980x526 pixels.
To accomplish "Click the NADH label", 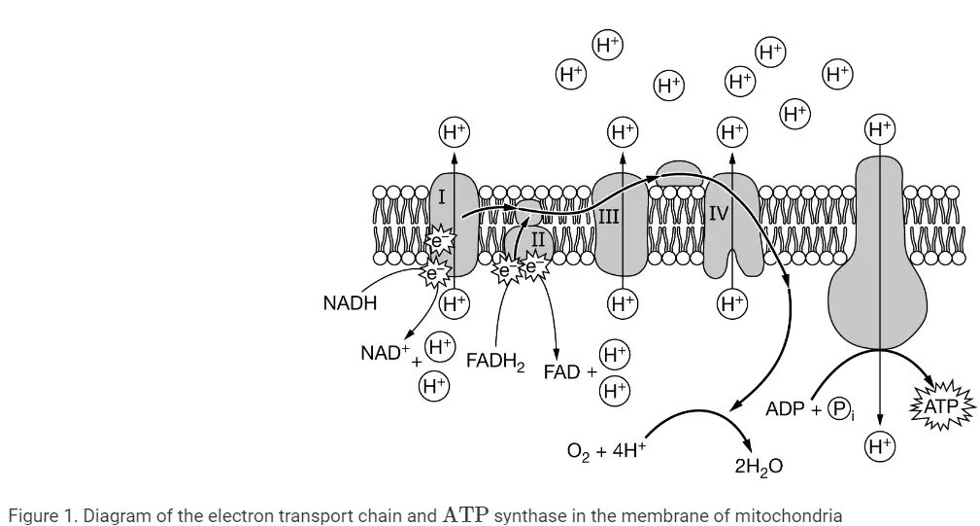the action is pos(350,303).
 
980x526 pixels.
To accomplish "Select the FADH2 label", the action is pos(495,362).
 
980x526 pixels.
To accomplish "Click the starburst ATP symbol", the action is pos(941,406).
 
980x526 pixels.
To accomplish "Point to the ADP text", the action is pos(785,409).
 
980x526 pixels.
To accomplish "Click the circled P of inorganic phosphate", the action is pos(839,409).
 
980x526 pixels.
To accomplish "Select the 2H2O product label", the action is pos(759,467).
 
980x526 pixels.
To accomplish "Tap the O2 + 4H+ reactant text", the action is pos(606,450).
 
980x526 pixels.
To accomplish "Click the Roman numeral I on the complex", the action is pos(441,197).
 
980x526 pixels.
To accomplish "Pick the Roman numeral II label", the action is pos(537,239).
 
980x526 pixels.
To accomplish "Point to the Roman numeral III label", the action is pos(609,217).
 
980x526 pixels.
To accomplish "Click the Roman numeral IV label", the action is pos(719,215).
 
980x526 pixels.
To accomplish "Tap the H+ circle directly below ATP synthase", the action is pos(880,446).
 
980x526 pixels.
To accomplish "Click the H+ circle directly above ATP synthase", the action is pos(880,129).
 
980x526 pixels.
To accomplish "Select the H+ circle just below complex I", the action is pos(455,304).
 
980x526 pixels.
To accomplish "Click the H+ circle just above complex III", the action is pos(623,132).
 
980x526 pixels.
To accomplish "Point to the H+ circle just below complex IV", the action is pos(732,304).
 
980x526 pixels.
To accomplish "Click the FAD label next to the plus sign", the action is pos(561,372).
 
